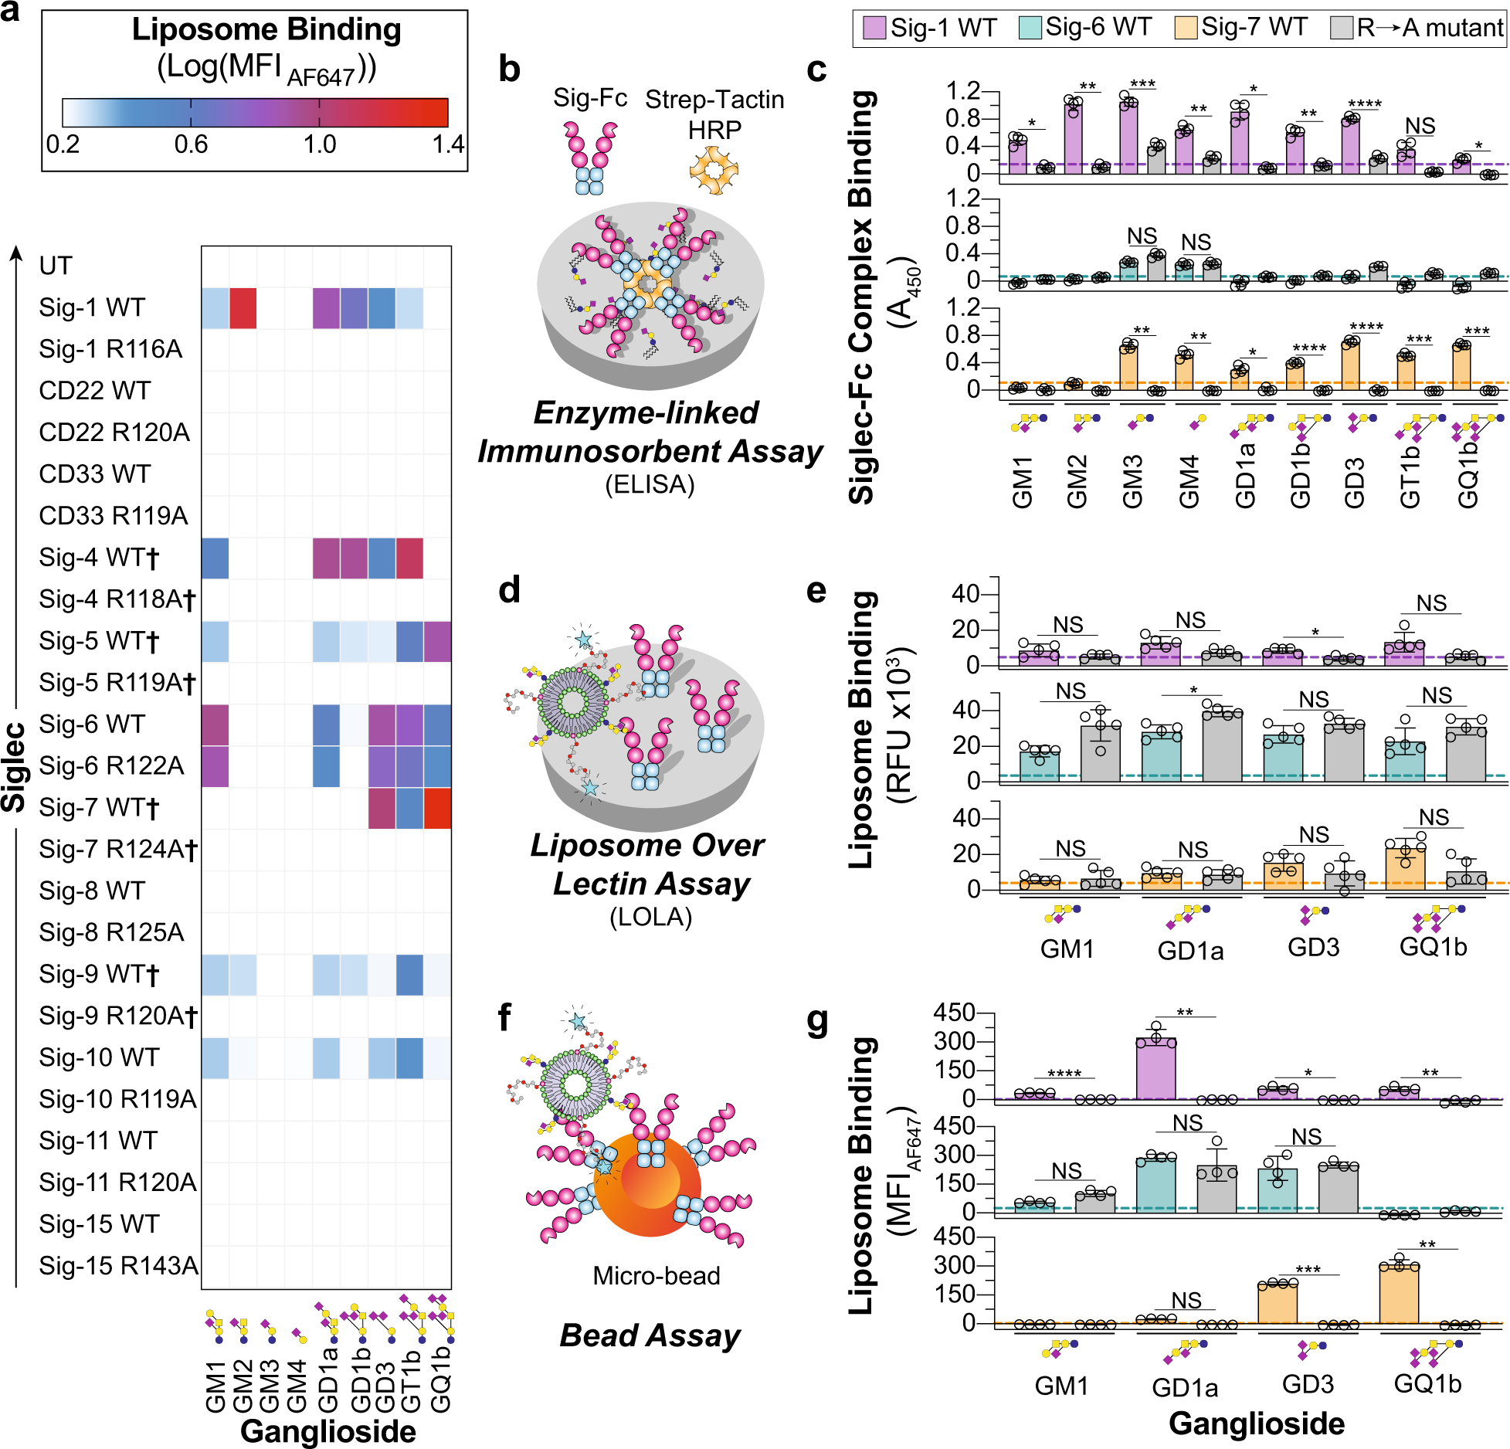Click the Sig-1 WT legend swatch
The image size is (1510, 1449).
[874, 29]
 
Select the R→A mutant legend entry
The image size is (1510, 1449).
[1417, 29]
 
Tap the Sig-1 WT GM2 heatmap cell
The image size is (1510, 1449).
[243, 307]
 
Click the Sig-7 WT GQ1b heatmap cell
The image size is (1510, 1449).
[437, 808]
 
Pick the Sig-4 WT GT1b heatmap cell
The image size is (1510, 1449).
[409, 558]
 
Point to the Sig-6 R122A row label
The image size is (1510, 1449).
[111, 765]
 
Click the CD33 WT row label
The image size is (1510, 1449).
[95, 473]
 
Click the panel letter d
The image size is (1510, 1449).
[509, 590]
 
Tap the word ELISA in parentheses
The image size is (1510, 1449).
[650, 485]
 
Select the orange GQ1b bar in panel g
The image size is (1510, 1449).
[1399, 1294]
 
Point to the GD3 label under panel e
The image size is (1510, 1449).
[1313, 947]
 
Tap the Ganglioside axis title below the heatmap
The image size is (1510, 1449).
[328, 1430]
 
